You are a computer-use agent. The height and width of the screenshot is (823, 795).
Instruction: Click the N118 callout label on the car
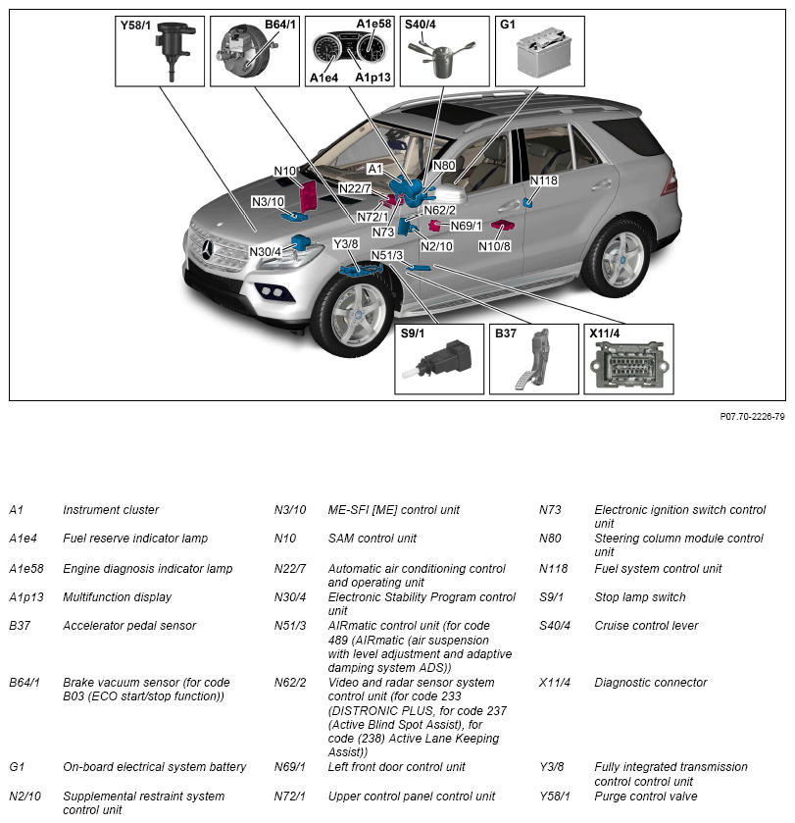coord(544,180)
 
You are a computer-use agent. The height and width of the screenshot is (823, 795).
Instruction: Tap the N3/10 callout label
coord(268,202)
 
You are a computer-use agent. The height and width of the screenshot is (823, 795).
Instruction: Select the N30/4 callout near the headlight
coord(266,252)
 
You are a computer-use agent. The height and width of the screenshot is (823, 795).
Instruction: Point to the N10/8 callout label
coord(495,245)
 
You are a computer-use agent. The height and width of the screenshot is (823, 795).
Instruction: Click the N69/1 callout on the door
coord(467,226)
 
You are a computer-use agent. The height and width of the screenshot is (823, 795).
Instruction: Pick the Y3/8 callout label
coord(346,243)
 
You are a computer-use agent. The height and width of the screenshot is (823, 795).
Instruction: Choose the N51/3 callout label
coord(387,256)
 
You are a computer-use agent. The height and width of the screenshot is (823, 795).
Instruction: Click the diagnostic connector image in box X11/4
coord(627,367)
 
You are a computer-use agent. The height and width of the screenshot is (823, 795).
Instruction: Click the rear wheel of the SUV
coord(621,259)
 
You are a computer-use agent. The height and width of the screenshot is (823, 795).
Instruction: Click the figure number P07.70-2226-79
coord(752,417)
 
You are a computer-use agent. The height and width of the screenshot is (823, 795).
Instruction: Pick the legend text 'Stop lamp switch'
coord(640,597)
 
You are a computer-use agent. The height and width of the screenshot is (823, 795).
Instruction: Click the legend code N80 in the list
coord(549,539)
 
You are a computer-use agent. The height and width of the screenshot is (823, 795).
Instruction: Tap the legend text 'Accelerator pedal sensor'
coord(129,626)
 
